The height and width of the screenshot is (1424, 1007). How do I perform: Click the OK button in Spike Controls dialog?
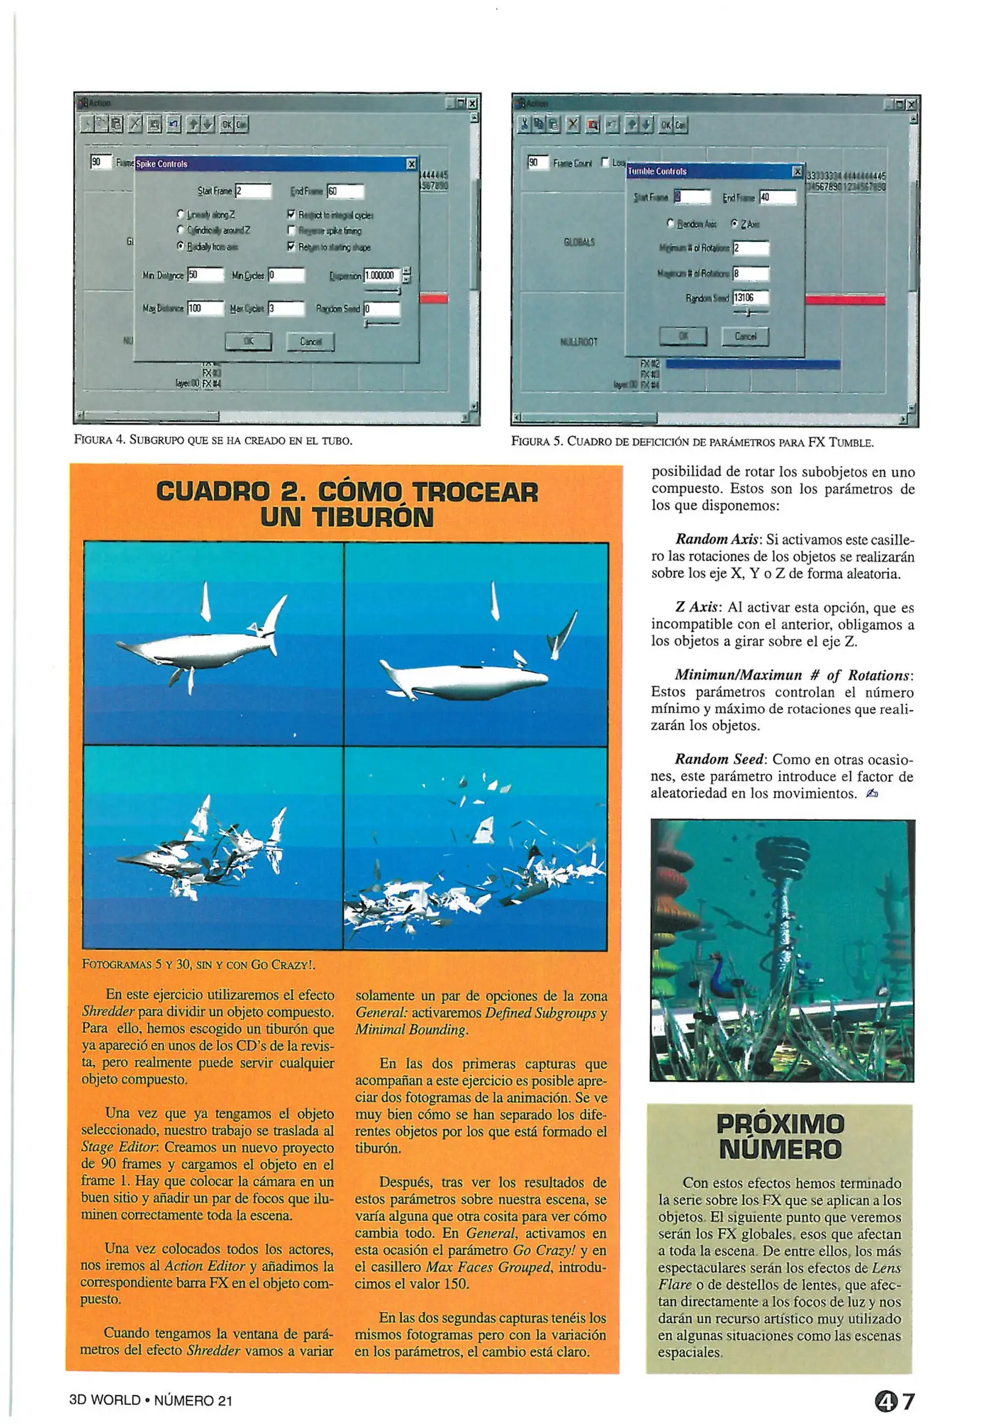(x=248, y=341)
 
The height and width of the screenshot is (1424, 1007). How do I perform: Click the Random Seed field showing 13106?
(x=750, y=298)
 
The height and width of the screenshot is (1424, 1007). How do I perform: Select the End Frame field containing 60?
(x=346, y=191)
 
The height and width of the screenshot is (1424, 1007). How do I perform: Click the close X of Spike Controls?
(x=412, y=163)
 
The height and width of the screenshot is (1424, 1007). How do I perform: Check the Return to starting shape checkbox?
(x=291, y=247)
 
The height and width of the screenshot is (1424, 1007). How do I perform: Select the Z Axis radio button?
(x=735, y=223)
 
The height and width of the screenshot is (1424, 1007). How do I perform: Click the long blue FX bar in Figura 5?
(x=752, y=364)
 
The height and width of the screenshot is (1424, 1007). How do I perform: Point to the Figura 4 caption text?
(x=213, y=440)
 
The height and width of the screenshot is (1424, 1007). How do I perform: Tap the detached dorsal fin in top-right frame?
(x=495, y=600)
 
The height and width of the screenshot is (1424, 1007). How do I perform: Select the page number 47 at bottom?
(x=895, y=1400)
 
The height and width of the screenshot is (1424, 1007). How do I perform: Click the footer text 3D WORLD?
(x=105, y=1401)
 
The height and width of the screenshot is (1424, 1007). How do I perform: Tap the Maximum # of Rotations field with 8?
(x=750, y=273)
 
